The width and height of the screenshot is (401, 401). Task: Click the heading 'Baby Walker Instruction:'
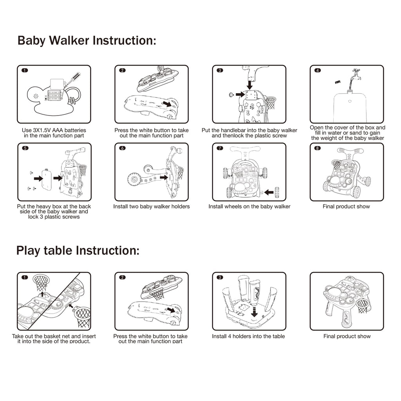(87, 41)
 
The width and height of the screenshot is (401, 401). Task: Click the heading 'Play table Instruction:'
(78, 251)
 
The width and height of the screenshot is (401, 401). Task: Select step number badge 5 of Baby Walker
(25, 148)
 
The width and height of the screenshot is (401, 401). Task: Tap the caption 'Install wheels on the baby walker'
(249, 206)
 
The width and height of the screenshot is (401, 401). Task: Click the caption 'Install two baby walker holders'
(151, 206)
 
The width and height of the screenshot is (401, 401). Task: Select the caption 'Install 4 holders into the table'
(248, 336)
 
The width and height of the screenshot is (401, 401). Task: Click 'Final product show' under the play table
(347, 336)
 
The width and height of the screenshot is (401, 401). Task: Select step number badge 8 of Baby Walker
(318, 148)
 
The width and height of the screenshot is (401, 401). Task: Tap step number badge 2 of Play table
(123, 277)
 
